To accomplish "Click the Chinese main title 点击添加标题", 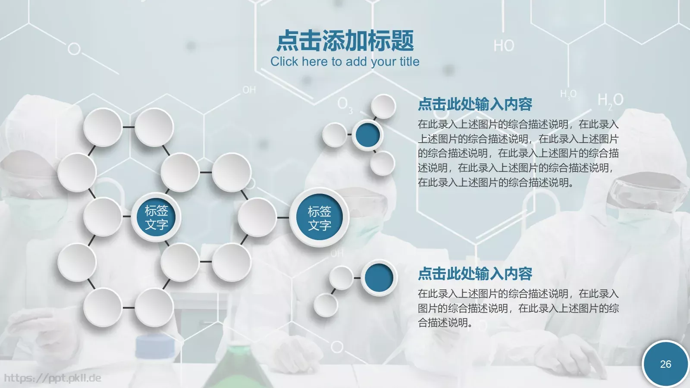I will (x=345, y=41).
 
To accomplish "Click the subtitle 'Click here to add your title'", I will (x=345, y=62).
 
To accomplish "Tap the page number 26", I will (x=665, y=364).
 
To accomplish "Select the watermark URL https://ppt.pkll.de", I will (x=53, y=378).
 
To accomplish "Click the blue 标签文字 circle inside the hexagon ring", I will (x=156, y=217).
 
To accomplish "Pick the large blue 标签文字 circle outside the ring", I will (x=319, y=218).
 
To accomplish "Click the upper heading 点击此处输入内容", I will (x=475, y=104).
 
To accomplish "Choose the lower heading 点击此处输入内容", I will (x=475, y=274).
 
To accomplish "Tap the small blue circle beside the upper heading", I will (x=367, y=135).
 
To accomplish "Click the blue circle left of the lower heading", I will (x=379, y=278).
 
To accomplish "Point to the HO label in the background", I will (x=504, y=46).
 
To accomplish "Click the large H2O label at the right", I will (x=610, y=100).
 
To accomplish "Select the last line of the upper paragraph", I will (x=496, y=182).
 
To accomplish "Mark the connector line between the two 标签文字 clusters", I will (x=283, y=218).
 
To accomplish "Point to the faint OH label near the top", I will (x=249, y=90).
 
